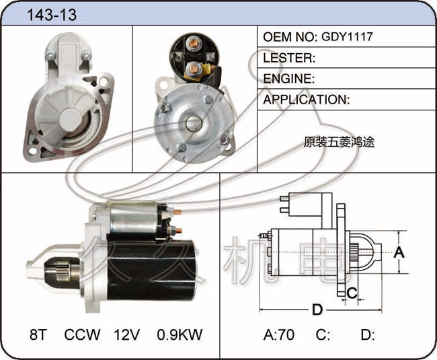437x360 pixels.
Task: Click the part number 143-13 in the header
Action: click(x=52, y=15)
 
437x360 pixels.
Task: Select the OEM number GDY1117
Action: click(x=347, y=36)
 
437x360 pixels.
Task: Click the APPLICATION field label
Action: click(x=305, y=100)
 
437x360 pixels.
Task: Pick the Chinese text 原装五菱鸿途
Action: click(x=339, y=142)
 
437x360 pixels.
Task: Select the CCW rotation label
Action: click(x=82, y=334)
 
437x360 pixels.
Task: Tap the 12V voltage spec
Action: click(x=126, y=334)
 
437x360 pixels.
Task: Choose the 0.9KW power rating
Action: click(x=180, y=334)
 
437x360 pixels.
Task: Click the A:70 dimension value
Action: click(x=279, y=334)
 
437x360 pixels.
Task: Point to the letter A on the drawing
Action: click(x=399, y=252)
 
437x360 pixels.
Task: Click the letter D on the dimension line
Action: click(x=317, y=310)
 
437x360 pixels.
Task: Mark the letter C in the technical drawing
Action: click(x=352, y=293)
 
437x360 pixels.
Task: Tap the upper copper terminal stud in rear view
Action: click(x=194, y=42)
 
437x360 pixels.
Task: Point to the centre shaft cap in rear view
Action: click(x=193, y=123)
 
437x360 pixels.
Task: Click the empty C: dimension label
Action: click(x=323, y=334)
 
